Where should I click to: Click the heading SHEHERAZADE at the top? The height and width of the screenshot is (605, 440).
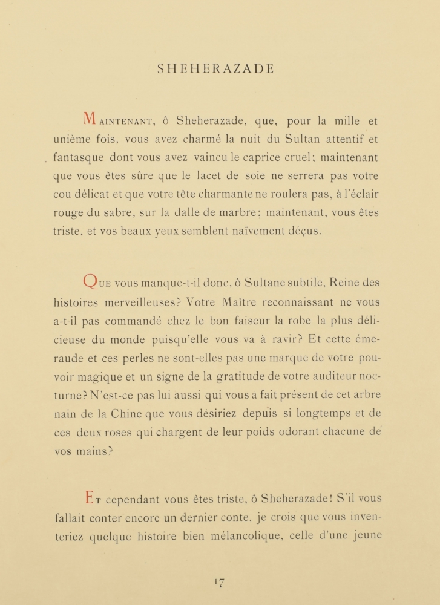click(215, 69)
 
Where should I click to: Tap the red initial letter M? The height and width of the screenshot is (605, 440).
click(89, 119)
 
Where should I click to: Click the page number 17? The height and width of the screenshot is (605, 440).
click(219, 583)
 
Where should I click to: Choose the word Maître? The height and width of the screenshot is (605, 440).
click(233, 302)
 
